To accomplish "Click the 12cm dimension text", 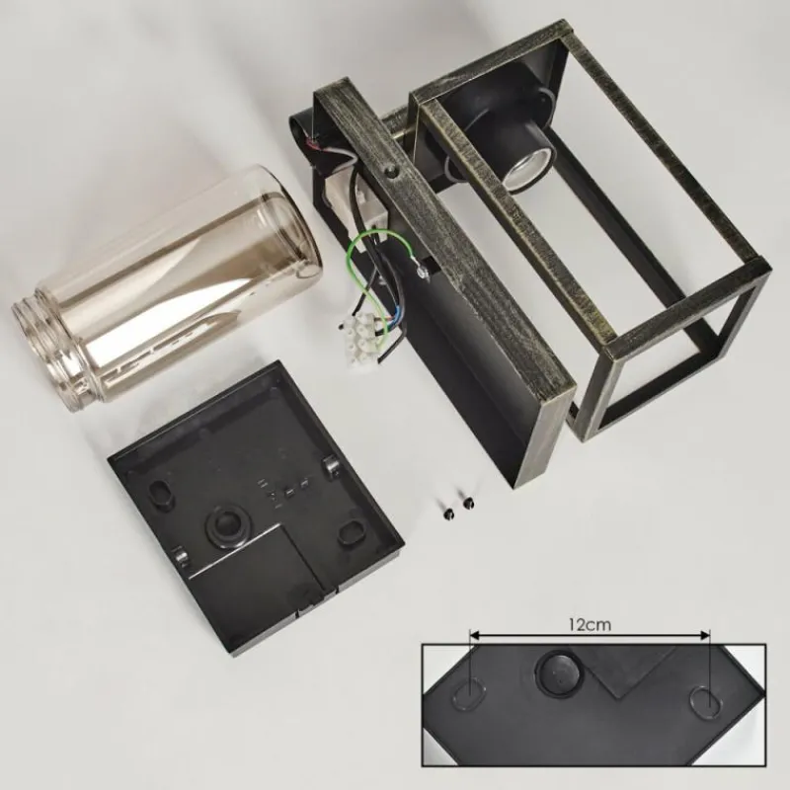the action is click(590, 625).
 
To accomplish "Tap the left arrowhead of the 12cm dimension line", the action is click(474, 635).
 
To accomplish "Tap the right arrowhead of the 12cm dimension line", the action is click(704, 635).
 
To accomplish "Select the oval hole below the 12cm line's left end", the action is click(470, 697).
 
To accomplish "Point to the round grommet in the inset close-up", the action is click(559, 672).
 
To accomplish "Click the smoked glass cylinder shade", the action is click(165, 285).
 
